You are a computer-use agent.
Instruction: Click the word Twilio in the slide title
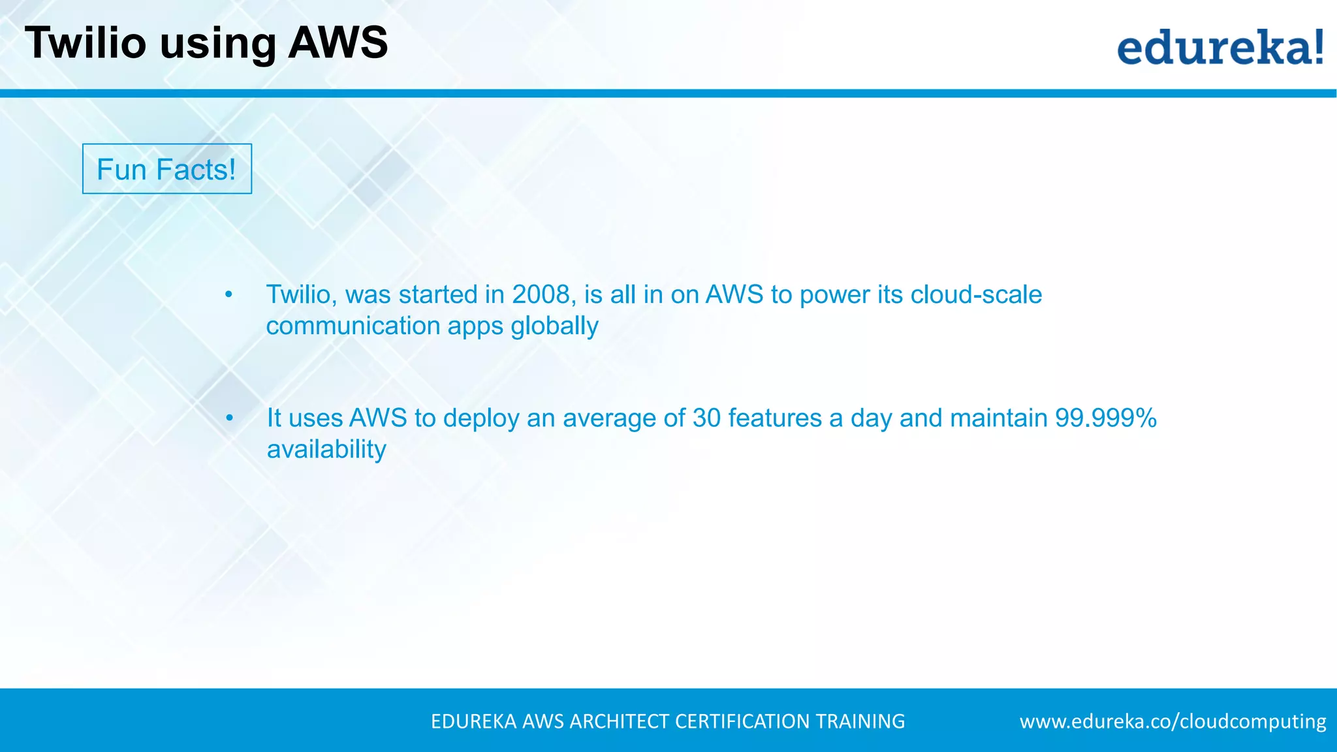tap(86, 43)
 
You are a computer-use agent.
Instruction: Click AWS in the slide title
tap(338, 43)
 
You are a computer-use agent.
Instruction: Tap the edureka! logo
tap(1220, 48)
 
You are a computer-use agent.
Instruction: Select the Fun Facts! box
tap(167, 169)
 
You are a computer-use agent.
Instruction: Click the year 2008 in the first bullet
tap(541, 295)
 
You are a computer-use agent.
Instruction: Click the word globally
tap(554, 326)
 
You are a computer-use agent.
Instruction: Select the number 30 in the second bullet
tap(706, 418)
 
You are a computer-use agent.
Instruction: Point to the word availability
tap(326, 450)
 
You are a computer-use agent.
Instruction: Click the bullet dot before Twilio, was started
tap(228, 295)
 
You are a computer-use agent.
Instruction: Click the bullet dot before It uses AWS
tap(229, 418)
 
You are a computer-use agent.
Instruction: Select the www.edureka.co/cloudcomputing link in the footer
tap(1172, 721)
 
